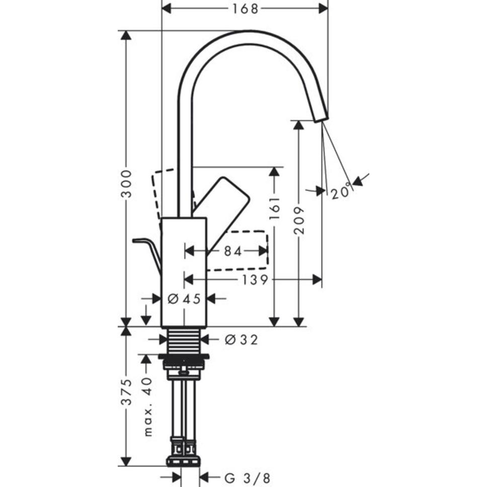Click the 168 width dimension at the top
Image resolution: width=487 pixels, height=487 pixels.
(245, 9)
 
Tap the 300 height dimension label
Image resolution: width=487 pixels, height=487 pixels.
(127, 184)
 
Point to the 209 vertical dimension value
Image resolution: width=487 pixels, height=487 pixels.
(300, 220)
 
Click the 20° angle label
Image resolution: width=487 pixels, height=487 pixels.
(341, 192)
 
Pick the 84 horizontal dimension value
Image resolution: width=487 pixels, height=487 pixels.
(233, 251)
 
